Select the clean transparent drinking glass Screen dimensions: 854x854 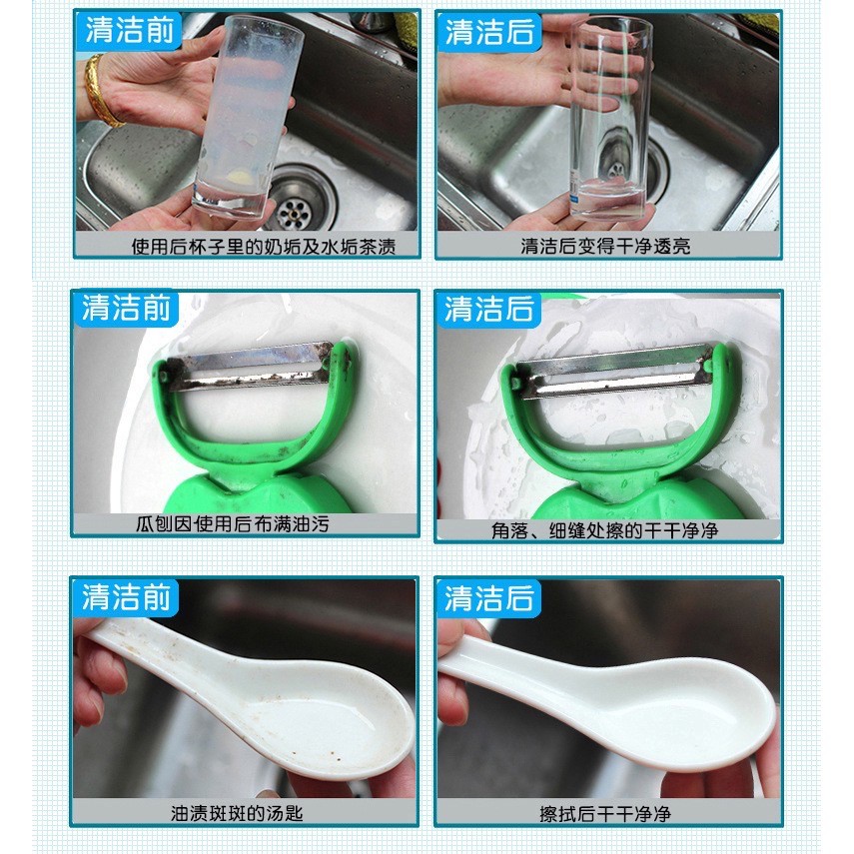[610, 118]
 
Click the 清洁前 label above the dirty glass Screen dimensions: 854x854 [130, 31]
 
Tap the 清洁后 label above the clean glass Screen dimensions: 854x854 [489, 32]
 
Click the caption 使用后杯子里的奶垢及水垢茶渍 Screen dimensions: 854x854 [263, 246]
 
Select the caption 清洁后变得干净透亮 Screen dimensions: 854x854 [605, 246]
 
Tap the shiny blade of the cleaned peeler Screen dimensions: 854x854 [612, 370]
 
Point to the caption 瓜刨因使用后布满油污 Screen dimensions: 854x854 [233, 524]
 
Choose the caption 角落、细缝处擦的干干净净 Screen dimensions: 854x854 [604, 530]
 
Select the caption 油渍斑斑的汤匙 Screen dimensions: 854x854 [237, 814]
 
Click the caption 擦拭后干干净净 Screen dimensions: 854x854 [605, 814]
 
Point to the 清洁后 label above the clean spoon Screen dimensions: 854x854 [489, 598]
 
